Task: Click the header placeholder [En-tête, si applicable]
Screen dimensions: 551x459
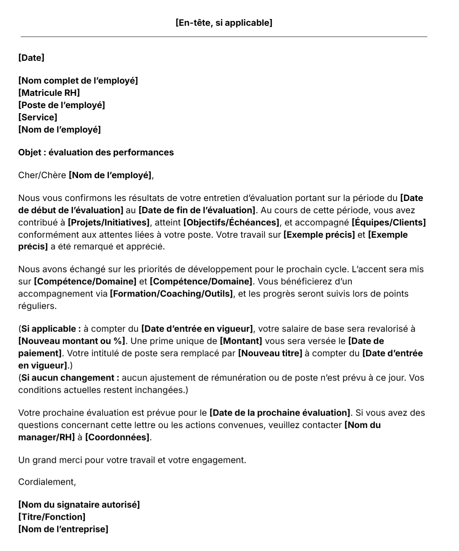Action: (224, 23)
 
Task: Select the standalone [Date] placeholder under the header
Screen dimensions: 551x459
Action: (31, 58)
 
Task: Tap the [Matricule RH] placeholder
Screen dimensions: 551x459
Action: (49, 93)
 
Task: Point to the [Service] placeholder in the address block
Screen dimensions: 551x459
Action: (38, 117)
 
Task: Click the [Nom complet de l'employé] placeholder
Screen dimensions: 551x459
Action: (78, 81)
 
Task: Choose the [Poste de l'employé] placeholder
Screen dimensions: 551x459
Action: (62, 105)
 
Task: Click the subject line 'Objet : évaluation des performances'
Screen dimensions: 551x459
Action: (96, 152)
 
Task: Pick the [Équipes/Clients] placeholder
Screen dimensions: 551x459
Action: (388, 223)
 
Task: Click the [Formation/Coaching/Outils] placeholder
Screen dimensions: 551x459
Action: (171, 293)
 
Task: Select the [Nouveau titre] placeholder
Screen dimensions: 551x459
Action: (270, 353)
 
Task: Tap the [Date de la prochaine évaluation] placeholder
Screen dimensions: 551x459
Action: (280, 413)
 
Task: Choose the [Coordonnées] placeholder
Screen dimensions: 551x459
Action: (117, 437)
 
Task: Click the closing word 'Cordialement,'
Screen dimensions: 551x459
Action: (47, 482)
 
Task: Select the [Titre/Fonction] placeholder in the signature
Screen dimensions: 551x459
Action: (52, 517)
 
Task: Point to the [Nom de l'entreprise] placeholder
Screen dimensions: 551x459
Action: (63, 529)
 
